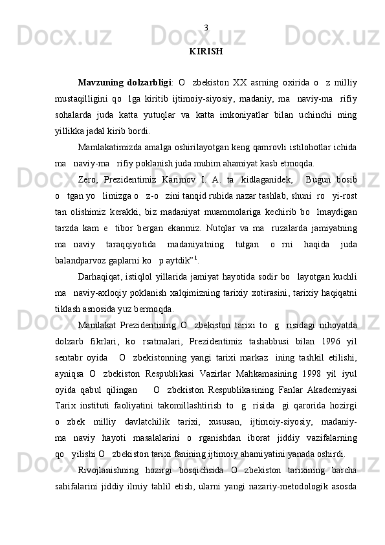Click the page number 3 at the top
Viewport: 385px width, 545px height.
click(206, 28)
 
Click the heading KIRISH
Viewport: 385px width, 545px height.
click(206, 50)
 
